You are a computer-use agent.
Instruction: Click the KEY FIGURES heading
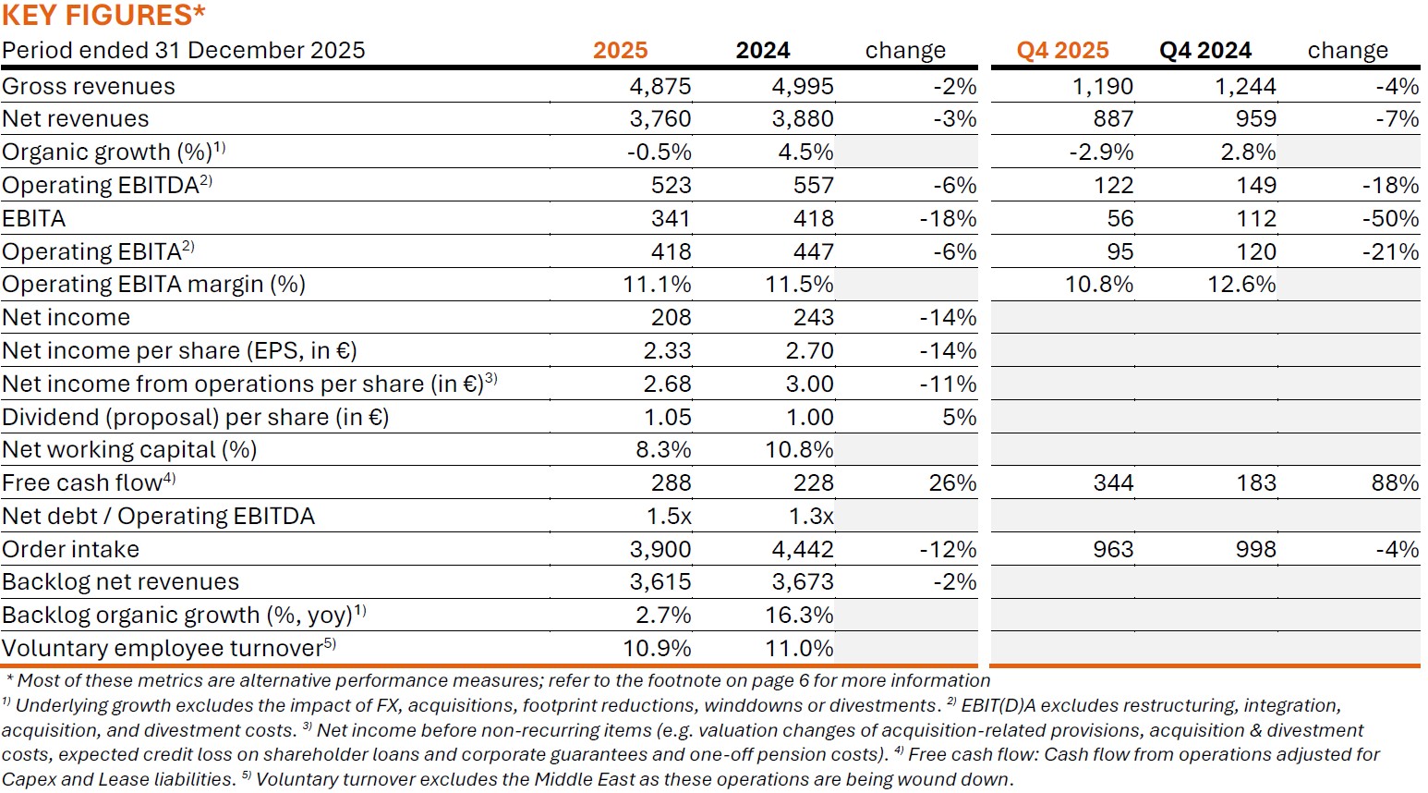[x=103, y=15]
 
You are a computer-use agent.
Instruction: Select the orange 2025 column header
[x=620, y=50]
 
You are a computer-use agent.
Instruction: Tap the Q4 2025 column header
[x=1062, y=50]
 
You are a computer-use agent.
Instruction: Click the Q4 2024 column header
[x=1205, y=50]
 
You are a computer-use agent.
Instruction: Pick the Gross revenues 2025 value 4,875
[x=660, y=86]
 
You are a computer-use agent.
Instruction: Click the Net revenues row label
[x=76, y=119]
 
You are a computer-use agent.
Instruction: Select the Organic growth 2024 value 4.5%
[x=805, y=152]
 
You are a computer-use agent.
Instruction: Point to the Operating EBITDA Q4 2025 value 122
[x=1113, y=186]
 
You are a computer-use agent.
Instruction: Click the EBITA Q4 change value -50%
[x=1390, y=219]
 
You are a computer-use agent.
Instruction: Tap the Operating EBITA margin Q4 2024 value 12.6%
[x=1241, y=285]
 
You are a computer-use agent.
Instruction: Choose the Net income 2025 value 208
[x=671, y=318]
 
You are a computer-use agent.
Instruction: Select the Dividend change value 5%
[x=959, y=418]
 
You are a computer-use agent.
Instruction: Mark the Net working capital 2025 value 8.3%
[x=657, y=450]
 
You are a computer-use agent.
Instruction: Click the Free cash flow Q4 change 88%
[x=1395, y=483]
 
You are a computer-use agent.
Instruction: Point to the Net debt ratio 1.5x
[x=669, y=517]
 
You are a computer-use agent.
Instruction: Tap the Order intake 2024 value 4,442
[x=802, y=550]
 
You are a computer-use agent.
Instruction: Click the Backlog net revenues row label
[x=120, y=582]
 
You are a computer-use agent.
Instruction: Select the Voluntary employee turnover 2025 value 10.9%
[x=657, y=649]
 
